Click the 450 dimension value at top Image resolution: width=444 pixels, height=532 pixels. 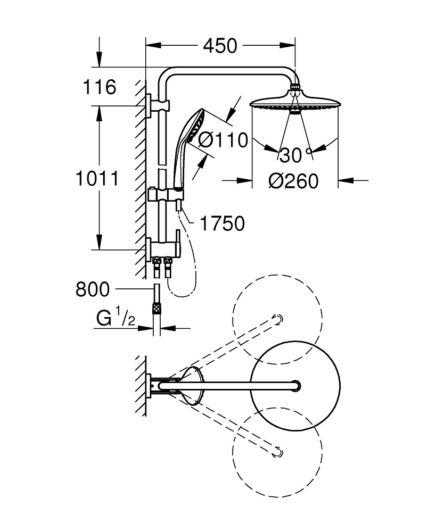coord(219,46)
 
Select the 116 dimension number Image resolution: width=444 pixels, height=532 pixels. coord(99,87)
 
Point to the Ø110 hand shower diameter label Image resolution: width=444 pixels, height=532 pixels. coord(223,140)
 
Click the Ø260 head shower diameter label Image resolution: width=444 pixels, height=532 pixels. coord(293,181)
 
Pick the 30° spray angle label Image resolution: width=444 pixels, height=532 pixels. coord(296,155)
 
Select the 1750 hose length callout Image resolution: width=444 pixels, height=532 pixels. coord(221,223)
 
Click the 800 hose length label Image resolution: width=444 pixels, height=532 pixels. coord(93,289)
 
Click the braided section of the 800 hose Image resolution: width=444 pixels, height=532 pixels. coord(157,307)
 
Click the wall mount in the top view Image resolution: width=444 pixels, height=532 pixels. coord(152,385)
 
